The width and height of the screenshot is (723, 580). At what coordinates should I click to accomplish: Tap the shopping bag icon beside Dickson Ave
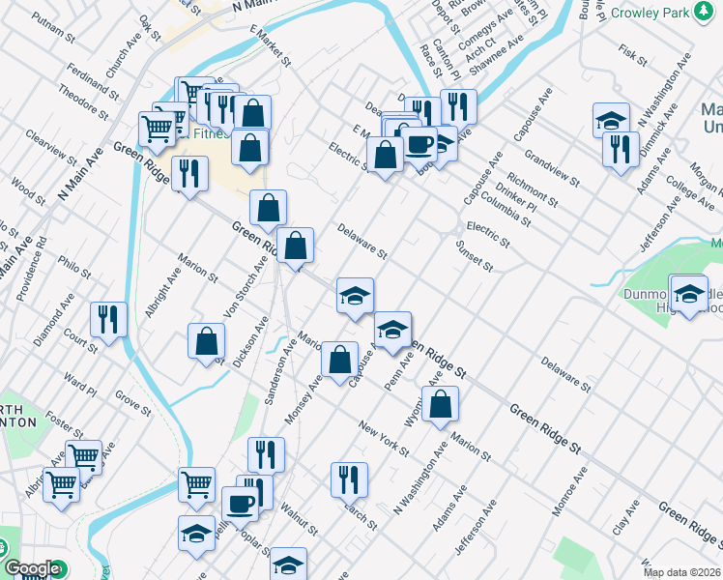tap(206, 340)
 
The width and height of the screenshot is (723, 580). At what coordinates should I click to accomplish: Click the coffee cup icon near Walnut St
tap(240, 502)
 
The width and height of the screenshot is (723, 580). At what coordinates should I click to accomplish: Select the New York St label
tap(384, 439)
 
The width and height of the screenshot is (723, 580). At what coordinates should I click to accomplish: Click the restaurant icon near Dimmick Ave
tap(619, 148)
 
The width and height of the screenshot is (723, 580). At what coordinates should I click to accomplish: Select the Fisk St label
tap(631, 49)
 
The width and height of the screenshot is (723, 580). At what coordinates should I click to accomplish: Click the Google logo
tap(32, 569)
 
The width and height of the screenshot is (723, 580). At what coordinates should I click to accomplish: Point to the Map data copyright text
tap(682, 572)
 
